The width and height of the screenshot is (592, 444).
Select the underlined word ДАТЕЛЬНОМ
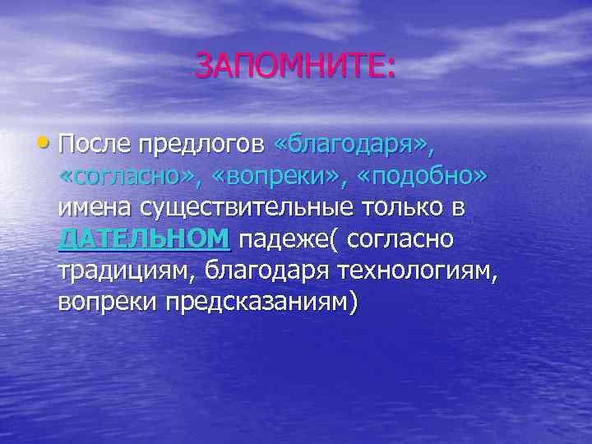144,239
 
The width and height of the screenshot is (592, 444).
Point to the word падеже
287,240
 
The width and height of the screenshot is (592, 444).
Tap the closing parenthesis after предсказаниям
354,303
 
